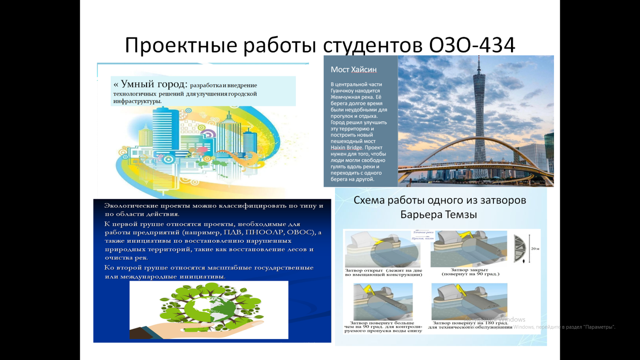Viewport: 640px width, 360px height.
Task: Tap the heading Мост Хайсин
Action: (x=353, y=69)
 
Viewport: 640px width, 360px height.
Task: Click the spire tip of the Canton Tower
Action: (x=478, y=58)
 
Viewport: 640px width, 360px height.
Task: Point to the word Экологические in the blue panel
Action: (x=132, y=206)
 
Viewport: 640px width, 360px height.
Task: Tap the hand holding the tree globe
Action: (x=179, y=329)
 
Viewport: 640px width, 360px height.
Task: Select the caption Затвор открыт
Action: (x=364, y=270)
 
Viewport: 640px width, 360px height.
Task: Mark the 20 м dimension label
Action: (x=535, y=249)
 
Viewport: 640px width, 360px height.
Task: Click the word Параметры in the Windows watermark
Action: (x=599, y=327)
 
